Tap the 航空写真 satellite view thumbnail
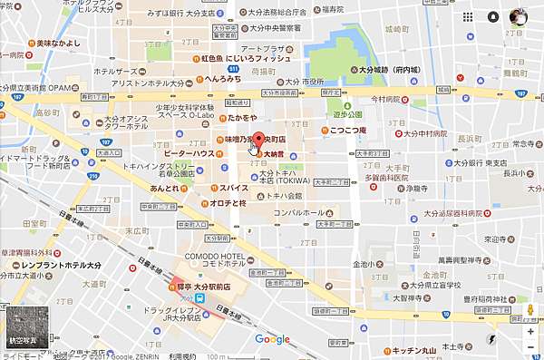(x=24, y=327)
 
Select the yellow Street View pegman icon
(x=530, y=311)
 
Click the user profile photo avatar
(x=519, y=16)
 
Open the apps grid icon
(x=468, y=16)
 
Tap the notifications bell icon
(x=493, y=16)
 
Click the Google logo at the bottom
(x=272, y=339)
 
